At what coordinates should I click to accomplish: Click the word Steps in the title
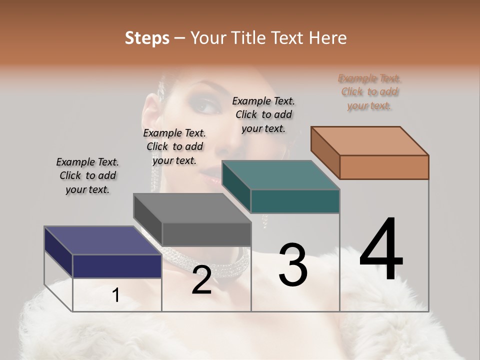point(147,38)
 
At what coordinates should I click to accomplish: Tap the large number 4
point(381,250)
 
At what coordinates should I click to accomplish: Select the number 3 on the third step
point(292,265)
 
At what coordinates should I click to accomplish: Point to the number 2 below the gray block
point(201,280)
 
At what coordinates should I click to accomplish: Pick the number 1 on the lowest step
point(115,295)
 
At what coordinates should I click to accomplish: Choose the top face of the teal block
point(280,175)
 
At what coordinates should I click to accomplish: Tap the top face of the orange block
point(369,141)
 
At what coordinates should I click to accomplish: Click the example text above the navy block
point(87,175)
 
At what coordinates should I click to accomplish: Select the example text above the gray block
point(174,146)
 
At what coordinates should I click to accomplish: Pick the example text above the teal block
point(263,114)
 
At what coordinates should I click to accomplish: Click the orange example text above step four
point(369,91)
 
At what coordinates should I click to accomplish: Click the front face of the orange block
point(384,167)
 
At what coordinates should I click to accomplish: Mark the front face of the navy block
point(117,266)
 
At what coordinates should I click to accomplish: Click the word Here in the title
point(328,38)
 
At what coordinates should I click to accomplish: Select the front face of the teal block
point(295,201)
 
